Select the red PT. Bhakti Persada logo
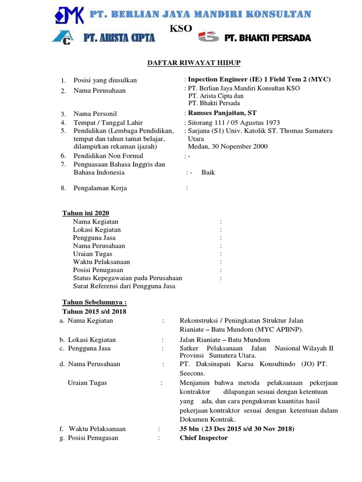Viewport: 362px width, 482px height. pos(209,37)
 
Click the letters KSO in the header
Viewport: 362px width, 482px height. pos(181,29)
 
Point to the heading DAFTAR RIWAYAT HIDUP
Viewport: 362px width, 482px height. pos(181,63)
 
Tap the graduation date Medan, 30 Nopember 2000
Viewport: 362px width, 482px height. pos(228,146)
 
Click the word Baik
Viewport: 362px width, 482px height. pos(208,172)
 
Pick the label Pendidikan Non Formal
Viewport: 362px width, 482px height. pos(108,156)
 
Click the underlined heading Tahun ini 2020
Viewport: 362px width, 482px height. pos(86,213)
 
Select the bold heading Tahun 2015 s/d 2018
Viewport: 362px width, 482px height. pos(94,311)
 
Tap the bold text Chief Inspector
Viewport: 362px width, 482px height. pos(204,438)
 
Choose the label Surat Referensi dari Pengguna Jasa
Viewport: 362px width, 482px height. pos(124,286)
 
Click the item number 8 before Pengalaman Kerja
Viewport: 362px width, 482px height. pos(63,188)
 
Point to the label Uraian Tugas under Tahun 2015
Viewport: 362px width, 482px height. pos(88,383)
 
